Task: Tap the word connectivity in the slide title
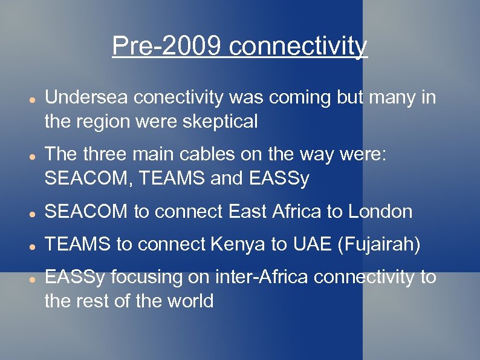pyautogui.click(x=298, y=46)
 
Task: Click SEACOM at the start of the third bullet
pyautogui.click(x=86, y=211)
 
